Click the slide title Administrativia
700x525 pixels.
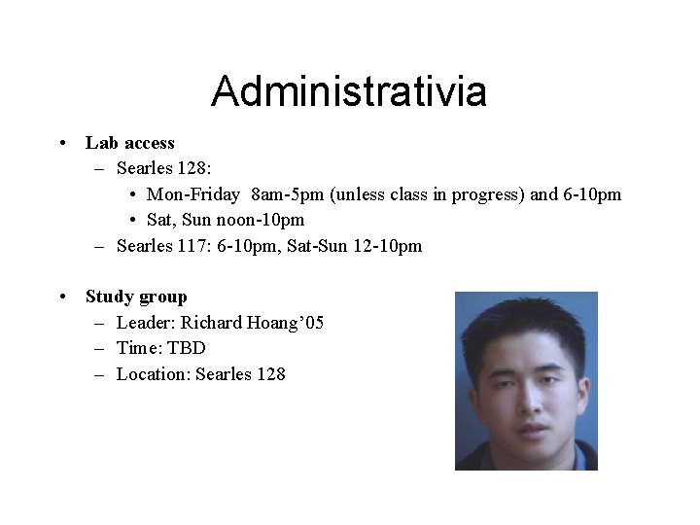[349, 91]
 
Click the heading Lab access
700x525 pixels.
[130, 143]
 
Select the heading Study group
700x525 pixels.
[136, 297]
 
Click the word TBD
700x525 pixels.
[187, 347]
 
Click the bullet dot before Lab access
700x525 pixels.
[61, 144]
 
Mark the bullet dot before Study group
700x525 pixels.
[61, 297]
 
